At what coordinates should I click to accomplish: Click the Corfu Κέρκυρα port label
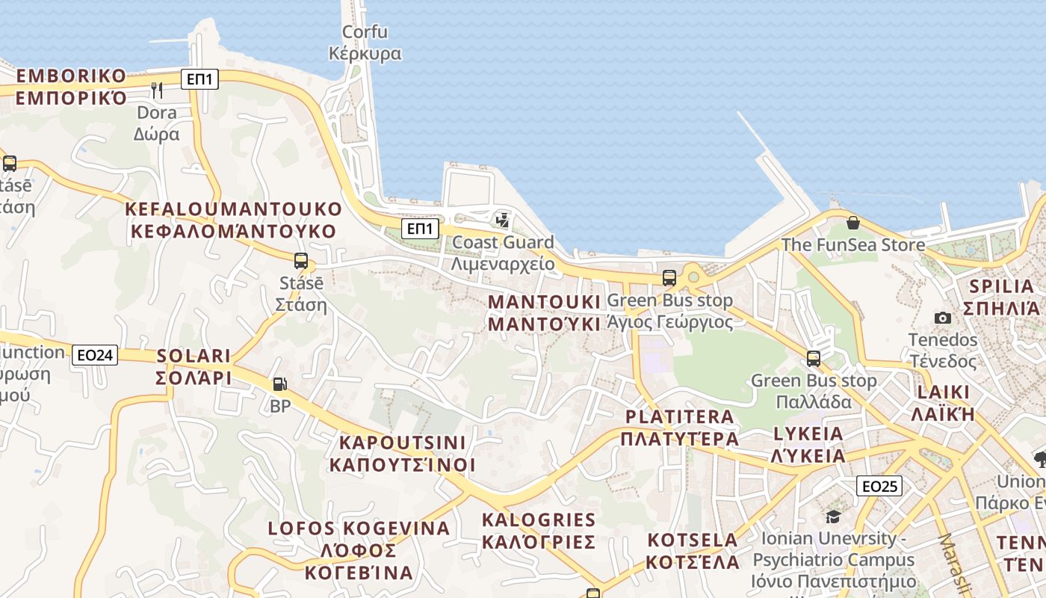365,43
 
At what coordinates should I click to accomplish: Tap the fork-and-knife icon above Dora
157,90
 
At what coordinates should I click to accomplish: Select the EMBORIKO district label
72,87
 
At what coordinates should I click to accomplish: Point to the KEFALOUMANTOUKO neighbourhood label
234,220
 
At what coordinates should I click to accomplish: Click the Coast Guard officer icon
502,220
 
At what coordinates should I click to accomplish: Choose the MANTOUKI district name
544,312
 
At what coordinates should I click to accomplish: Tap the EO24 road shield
96,355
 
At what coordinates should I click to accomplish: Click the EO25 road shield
879,486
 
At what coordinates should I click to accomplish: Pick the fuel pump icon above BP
279,384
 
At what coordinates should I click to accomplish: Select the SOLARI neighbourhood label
194,366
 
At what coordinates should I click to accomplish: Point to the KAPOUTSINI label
402,454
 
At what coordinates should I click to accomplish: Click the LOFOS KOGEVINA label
359,550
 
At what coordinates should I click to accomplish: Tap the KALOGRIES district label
539,531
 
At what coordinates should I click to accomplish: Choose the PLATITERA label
680,428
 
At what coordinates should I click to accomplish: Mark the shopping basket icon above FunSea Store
852,223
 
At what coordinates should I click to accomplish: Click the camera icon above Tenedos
943,318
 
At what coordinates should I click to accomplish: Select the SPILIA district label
1001,297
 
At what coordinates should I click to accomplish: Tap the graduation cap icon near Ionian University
833,517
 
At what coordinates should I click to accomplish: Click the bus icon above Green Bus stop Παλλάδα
814,359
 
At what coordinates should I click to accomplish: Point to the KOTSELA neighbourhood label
693,551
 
